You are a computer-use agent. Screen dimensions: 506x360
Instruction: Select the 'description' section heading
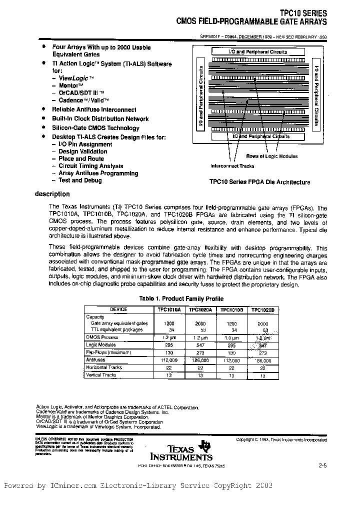pyautogui.click(x=52, y=194)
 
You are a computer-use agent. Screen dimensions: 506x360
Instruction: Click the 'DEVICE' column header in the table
pyautogui.click(x=118, y=310)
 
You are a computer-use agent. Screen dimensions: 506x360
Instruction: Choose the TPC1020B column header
pyautogui.click(x=262, y=310)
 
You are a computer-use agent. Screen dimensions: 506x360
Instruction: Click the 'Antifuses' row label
pyautogui.click(x=95, y=359)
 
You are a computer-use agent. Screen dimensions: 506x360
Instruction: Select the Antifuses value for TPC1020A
pyautogui.click(x=200, y=359)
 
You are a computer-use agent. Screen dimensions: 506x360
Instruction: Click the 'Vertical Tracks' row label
pyautogui.click(x=101, y=374)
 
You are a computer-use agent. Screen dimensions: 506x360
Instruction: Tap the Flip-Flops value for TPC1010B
pyautogui.click(x=231, y=352)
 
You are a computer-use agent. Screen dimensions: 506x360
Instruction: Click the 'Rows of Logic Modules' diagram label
pyautogui.click(x=271, y=156)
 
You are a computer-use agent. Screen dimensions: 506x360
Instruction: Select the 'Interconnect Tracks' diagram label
pyautogui.click(x=232, y=166)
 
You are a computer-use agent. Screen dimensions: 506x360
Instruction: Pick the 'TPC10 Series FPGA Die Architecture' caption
pyautogui.click(x=259, y=182)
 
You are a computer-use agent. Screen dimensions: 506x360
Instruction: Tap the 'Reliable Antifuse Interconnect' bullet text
pyautogui.click(x=94, y=109)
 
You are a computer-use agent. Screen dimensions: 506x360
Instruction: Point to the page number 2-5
pyautogui.click(x=322, y=466)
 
